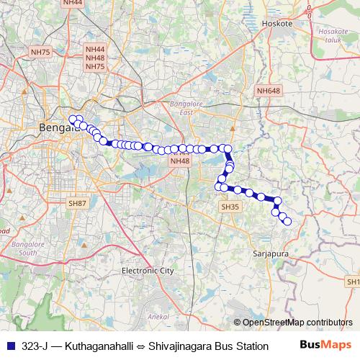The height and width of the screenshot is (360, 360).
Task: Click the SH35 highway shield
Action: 230,207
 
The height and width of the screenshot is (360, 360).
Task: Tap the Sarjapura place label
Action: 270,253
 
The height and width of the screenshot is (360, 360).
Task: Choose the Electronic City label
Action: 148,271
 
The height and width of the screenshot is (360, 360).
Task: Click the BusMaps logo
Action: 326,346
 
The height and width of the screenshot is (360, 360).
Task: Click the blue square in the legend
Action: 9,346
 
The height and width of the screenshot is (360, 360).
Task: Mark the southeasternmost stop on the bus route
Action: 287,221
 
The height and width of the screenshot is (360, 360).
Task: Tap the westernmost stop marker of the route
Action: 72,120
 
